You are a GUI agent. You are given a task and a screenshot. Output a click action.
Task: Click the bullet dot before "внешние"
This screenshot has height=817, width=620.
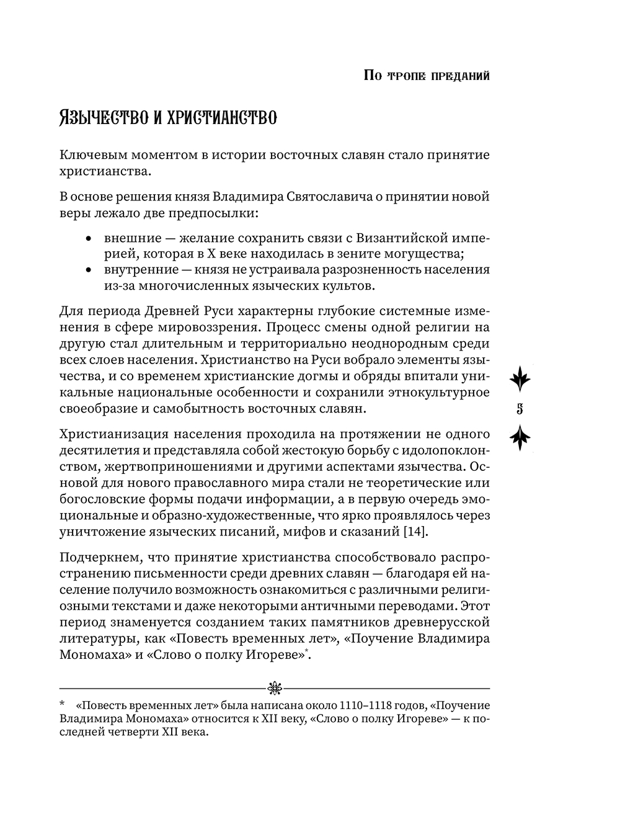[89, 238]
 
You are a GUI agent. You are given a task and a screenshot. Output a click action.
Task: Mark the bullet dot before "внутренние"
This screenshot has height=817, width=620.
[89, 270]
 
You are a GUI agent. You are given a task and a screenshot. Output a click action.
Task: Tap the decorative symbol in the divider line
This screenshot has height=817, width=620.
[274, 687]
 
